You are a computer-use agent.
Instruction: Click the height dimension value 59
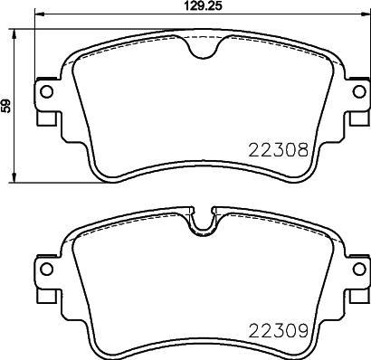coord(7,106)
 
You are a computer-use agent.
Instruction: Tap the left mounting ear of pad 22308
coord(44,104)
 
